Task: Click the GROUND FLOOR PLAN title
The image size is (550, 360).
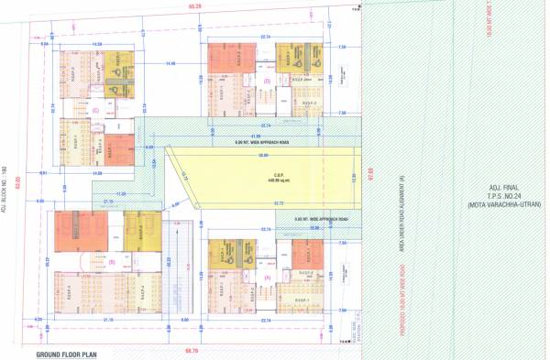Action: [72, 353]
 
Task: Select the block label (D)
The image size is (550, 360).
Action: [266, 81]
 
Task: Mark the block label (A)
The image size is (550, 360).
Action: [268, 276]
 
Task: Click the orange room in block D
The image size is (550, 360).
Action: [224, 60]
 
